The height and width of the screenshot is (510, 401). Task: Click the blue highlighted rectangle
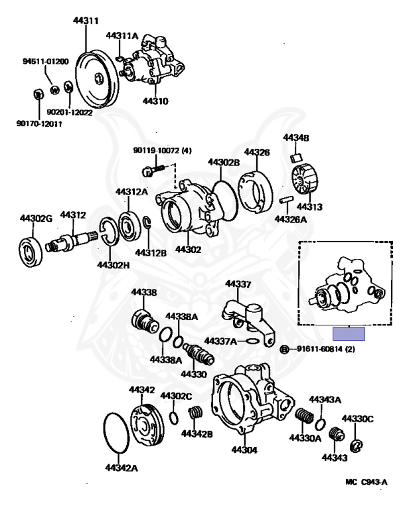click(349, 333)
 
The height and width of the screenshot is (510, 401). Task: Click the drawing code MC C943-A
click(366, 482)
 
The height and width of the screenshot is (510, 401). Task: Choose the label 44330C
click(358, 418)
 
